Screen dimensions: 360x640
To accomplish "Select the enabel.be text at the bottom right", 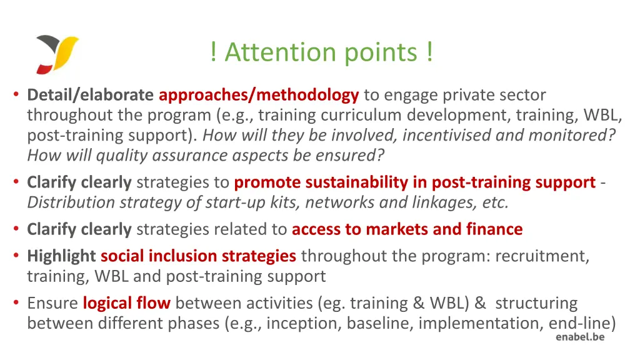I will (x=580, y=337).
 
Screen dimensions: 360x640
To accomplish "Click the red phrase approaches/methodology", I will (x=259, y=96).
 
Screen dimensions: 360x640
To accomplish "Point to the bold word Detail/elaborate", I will (x=91, y=96).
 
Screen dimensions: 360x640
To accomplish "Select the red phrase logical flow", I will (x=126, y=304).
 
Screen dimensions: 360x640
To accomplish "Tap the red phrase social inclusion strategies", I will (x=198, y=256).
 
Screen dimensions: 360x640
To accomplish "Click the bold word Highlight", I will (x=61, y=256).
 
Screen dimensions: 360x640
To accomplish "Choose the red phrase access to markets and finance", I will (x=407, y=229).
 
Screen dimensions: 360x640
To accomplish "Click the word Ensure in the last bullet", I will (x=52, y=304).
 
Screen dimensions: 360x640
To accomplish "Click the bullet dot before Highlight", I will (x=16, y=256).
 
